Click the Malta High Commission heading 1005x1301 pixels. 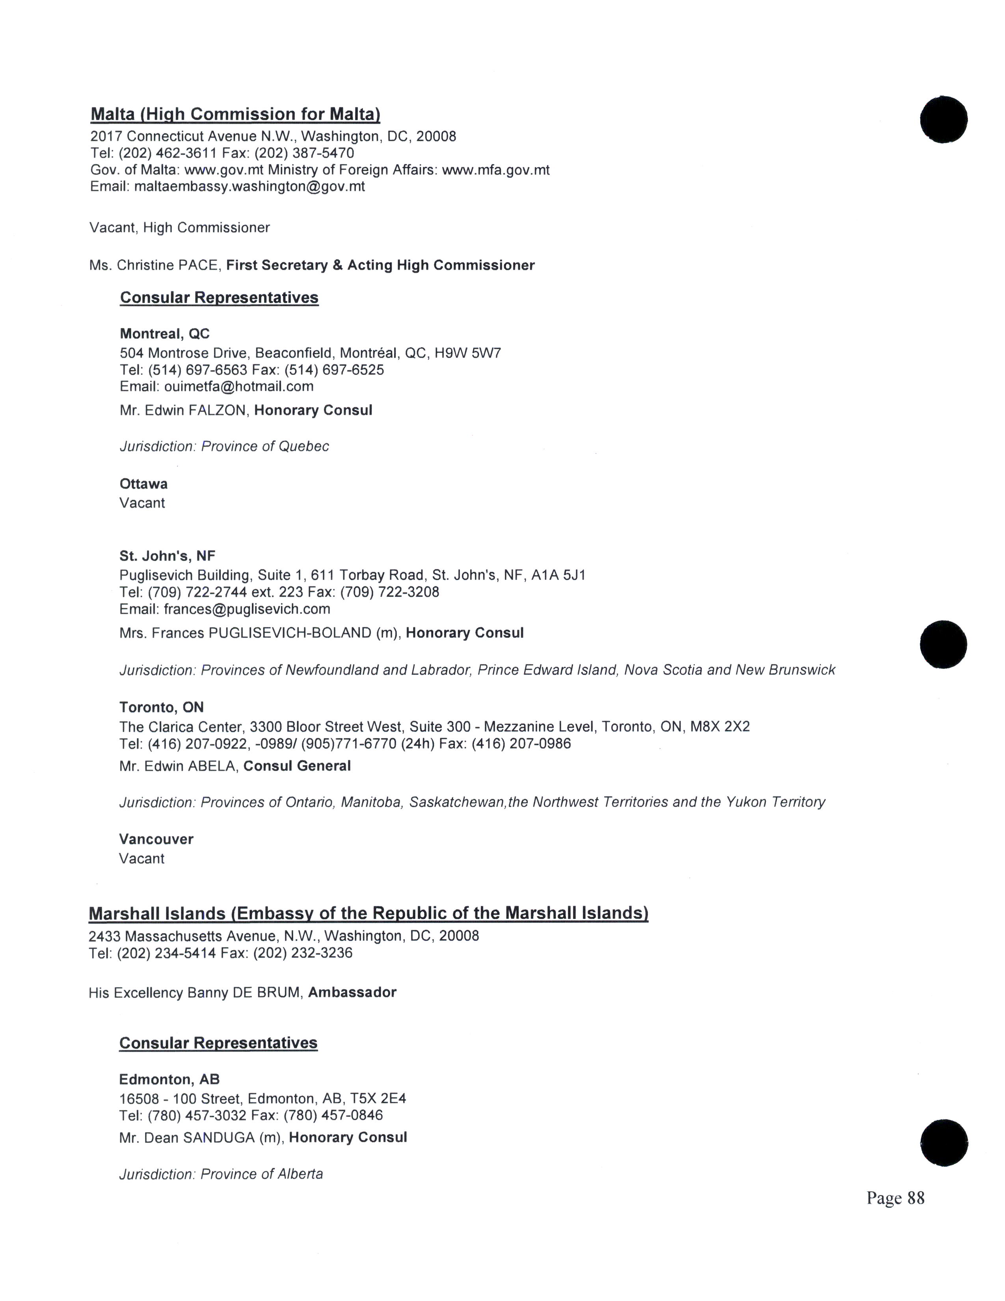235,114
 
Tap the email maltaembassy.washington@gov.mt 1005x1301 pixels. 249,186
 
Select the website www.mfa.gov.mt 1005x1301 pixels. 495,170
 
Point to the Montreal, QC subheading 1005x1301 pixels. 164,334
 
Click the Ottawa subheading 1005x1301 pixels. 143,484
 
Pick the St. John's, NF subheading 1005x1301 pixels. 167,556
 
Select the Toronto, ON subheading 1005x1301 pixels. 161,707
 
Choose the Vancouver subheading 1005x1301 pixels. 156,839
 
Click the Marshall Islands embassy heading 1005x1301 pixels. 368,913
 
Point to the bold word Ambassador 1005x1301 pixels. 352,992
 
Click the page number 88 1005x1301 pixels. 915,1198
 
